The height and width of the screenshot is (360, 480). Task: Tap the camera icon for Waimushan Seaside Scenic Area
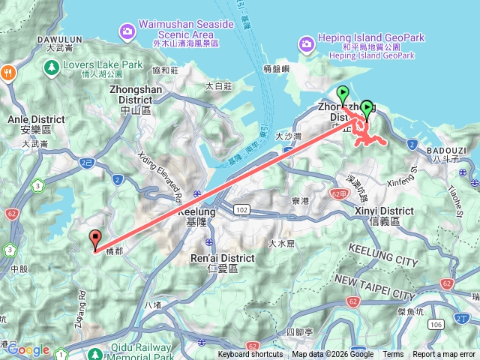pos(126,30)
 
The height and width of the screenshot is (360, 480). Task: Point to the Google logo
pos(28,350)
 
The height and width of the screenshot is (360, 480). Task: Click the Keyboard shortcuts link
pos(250,355)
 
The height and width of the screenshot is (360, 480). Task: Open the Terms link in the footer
pos(393,355)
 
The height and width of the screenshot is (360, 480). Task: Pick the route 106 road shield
pos(437,324)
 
